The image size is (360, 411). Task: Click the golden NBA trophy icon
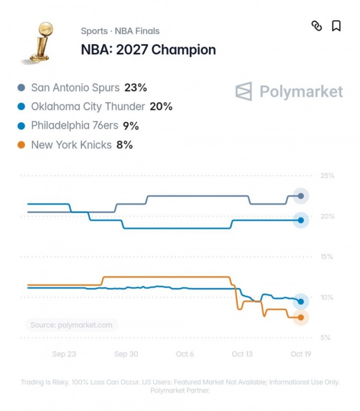coord(41,42)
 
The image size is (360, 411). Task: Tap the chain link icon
coord(316,26)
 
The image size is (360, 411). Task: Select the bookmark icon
coord(336,26)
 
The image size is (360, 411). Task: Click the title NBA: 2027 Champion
coord(148,49)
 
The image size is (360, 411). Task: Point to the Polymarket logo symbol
coord(244,91)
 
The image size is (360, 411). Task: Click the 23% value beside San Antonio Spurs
coord(135,87)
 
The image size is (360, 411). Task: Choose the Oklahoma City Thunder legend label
coord(88,107)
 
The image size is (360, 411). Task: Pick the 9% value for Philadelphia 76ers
coord(131,126)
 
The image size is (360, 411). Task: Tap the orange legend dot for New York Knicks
coord(21,145)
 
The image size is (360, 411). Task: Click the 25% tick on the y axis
coord(327,176)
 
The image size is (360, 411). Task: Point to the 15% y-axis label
coord(327,256)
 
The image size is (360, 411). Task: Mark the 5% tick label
coord(325,338)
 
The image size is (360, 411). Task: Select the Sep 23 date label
coord(64,354)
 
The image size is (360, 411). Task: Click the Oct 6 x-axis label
coord(185,354)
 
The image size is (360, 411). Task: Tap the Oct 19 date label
coord(301,354)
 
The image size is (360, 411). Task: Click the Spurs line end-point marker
coord(301,196)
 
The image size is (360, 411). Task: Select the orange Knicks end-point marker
coord(301,317)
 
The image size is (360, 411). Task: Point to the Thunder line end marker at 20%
coord(301,220)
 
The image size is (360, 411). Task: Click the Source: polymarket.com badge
coord(71,325)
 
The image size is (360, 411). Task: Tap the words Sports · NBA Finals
coord(120,31)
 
